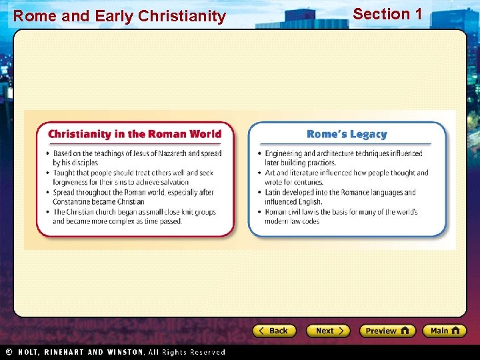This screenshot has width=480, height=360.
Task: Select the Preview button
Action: [387, 331]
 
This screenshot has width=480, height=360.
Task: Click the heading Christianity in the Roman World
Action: [134, 134]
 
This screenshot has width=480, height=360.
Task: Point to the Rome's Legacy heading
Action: [346, 134]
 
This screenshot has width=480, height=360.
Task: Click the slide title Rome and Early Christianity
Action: [119, 16]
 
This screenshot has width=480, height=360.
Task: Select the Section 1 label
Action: [387, 14]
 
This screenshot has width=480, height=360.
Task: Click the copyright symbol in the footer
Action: [9, 352]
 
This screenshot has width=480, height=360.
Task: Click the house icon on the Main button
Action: [456, 330]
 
